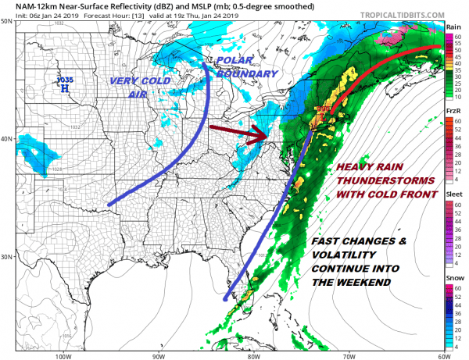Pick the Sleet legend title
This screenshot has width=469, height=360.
(x=453, y=195)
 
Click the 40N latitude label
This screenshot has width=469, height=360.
(x=7, y=139)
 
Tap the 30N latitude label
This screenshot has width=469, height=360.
(x=7, y=257)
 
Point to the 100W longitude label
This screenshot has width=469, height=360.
(x=64, y=355)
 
